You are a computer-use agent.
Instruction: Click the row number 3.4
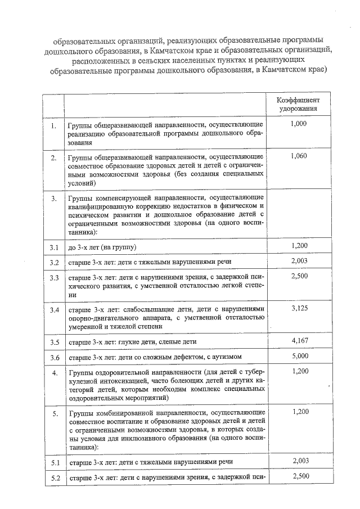(x=55, y=309)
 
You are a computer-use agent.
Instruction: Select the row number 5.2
(x=55, y=479)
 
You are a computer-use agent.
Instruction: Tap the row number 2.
(x=54, y=158)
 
